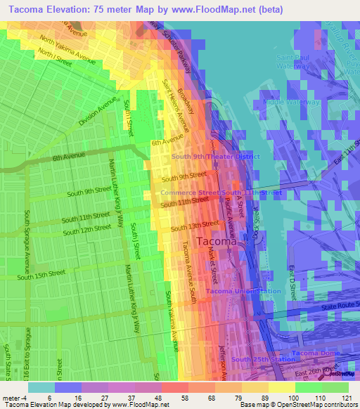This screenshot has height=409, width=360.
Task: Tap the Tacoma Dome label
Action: pos(316,352)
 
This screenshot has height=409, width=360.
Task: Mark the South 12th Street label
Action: pos(86,229)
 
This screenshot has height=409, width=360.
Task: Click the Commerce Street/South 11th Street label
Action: pos(221,193)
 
